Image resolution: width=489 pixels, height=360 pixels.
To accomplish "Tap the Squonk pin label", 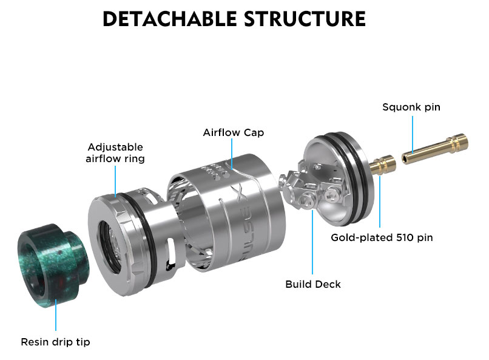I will pos(411,107).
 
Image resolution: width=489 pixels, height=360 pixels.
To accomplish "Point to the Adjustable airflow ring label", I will pos(115,153).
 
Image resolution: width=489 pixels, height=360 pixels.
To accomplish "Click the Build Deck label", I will pos(313,284).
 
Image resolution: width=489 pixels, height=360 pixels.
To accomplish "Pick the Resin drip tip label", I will pos(56,342).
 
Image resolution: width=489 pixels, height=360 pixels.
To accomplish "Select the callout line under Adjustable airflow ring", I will pos(115,180).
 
